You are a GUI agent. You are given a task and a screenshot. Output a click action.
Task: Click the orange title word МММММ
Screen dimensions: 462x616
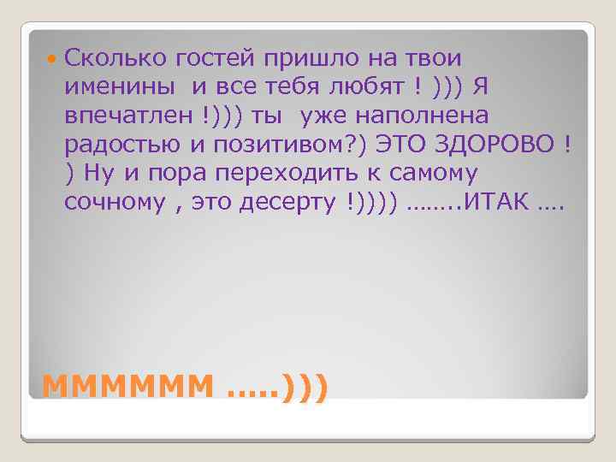(127, 387)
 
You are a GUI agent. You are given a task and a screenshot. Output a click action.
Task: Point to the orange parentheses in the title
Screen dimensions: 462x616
(303, 387)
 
